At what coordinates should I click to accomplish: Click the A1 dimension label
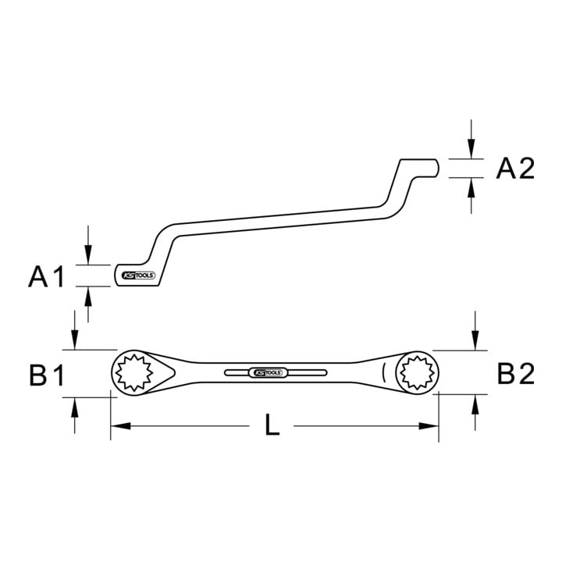[x=46, y=276]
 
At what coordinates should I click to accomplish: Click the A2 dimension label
[x=515, y=169]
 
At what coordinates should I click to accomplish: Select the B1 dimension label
[x=47, y=375]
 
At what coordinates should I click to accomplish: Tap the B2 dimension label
[x=515, y=373]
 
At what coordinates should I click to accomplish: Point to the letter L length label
[x=272, y=425]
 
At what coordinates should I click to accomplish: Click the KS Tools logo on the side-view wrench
[x=139, y=276]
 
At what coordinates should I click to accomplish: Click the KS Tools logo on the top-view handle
[x=268, y=373]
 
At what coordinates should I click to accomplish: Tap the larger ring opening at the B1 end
[x=133, y=372]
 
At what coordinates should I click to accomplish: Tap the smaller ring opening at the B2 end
[x=417, y=372]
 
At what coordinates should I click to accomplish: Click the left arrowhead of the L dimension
[x=120, y=426]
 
